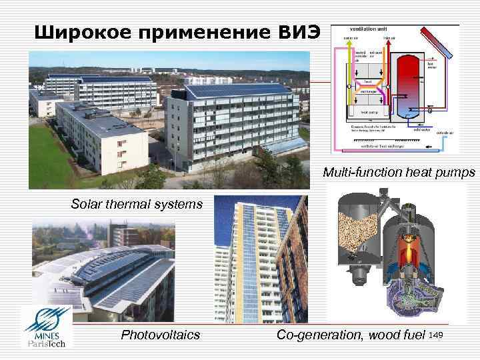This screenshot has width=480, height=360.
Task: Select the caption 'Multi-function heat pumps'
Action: tap(399, 173)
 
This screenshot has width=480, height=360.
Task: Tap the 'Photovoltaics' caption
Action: tap(160, 335)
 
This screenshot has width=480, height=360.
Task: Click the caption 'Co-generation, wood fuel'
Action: tap(351, 335)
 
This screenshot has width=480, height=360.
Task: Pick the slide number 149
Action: tap(437, 333)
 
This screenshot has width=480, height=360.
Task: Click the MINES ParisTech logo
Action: tap(48, 327)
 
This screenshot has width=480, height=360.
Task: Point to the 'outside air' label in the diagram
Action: tap(445, 133)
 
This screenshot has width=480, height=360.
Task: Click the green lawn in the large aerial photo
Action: tap(50, 160)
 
